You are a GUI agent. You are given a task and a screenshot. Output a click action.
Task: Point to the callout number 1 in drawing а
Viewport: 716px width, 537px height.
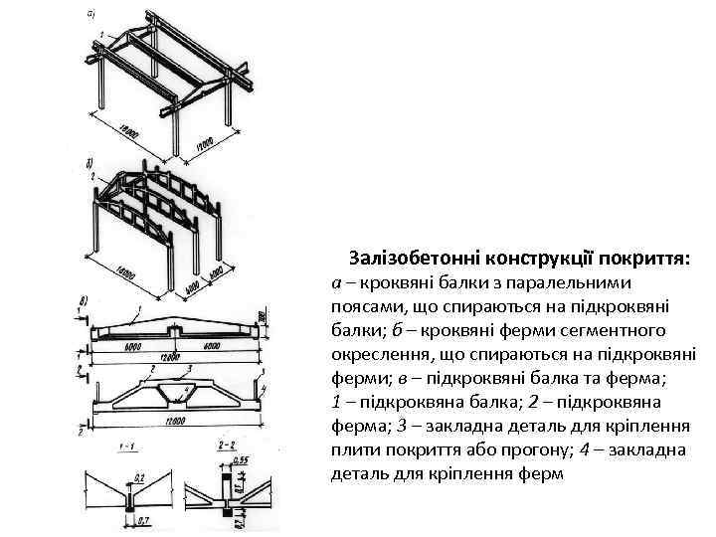101,36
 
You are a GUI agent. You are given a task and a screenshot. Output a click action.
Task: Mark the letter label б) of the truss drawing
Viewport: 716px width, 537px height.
90,161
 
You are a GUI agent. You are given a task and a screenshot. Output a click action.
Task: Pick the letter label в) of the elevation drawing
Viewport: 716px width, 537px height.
83,299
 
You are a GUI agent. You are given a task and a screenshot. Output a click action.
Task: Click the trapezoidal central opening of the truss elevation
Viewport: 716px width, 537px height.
175,398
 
